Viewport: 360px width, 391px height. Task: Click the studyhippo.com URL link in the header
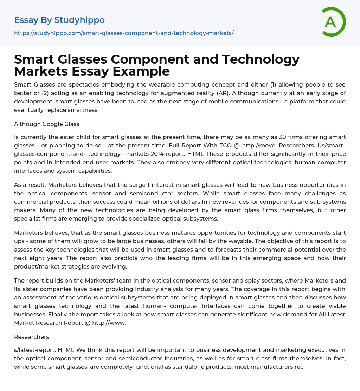point(124,33)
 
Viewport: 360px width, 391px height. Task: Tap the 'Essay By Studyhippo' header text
point(59,20)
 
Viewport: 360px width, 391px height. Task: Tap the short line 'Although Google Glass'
point(46,124)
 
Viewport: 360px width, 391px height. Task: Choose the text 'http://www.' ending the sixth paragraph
point(109,323)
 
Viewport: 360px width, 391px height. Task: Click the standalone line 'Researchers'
point(32,337)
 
